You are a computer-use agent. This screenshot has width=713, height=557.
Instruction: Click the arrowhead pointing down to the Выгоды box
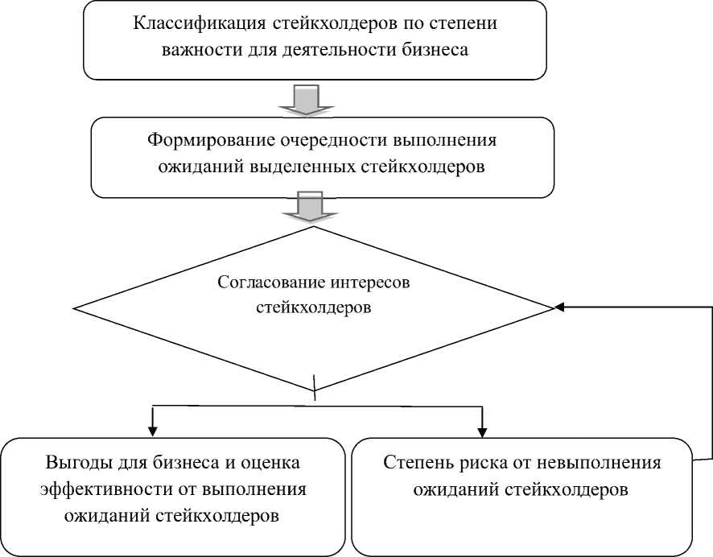[x=151, y=428]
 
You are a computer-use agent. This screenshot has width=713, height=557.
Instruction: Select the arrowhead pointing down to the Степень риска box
[x=481, y=428]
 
